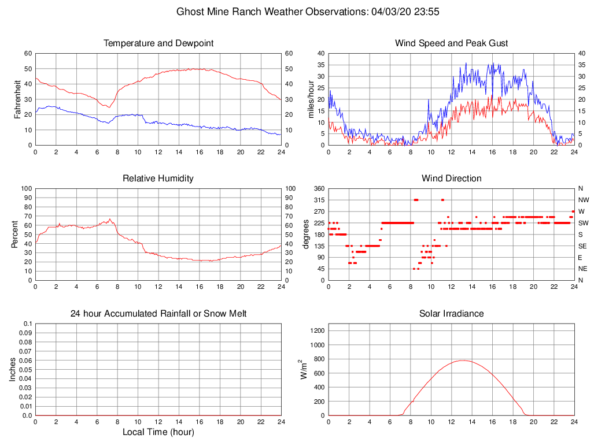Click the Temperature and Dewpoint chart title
click(158, 43)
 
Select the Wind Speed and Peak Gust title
click(451, 43)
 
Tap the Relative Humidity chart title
click(158, 179)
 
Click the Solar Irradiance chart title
click(451, 314)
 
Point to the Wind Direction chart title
click(451, 179)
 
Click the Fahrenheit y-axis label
click(17, 99)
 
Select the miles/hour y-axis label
click(311, 99)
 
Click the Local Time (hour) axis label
click(158, 432)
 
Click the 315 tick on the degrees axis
click(318, 200)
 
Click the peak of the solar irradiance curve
click(463, 360)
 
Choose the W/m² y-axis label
click(303, 370)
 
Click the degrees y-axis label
click(305, 235)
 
